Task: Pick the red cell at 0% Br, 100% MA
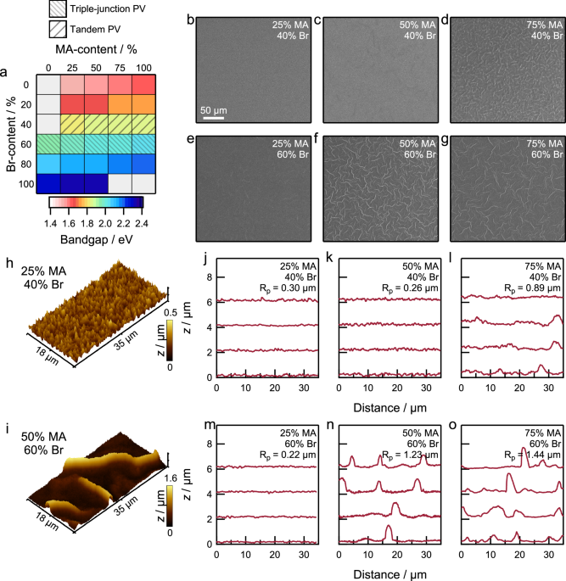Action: point(143,85)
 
